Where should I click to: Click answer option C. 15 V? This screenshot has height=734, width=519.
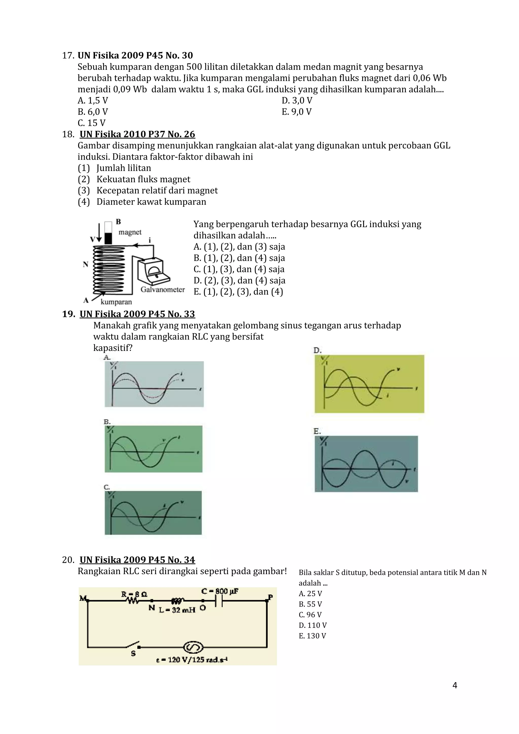91,123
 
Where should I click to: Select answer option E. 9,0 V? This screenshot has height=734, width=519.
296,111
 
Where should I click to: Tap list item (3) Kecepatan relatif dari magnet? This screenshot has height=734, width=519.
147,191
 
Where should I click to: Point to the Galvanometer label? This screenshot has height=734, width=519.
163,290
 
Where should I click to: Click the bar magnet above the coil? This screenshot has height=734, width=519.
108,233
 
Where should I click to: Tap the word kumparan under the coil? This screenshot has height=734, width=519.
116,302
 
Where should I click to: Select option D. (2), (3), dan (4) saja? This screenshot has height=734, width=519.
239,280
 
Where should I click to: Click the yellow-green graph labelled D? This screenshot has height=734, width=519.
369,384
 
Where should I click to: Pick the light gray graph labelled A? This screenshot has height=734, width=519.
154,384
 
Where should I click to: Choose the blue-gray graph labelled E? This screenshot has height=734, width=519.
366,464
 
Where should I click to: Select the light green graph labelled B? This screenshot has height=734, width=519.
154,449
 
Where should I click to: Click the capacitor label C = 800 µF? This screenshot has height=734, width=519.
220,591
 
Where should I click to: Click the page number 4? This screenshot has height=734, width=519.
455,685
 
